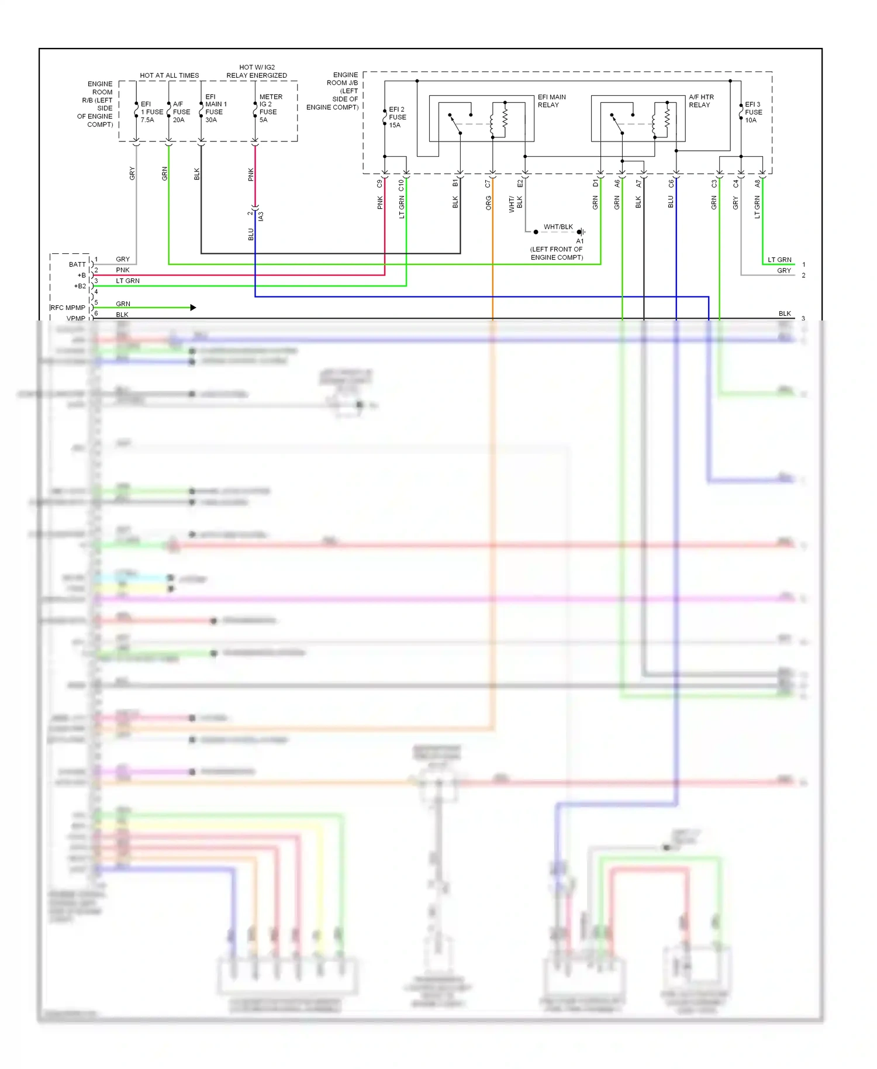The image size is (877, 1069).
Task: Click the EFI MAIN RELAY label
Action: (551, 101)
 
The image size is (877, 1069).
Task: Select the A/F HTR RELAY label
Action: (701, 101)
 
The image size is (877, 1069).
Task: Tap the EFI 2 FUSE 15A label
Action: (397, 117)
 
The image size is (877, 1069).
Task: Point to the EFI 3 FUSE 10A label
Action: (753, 112)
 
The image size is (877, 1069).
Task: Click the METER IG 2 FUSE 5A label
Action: (270, 108)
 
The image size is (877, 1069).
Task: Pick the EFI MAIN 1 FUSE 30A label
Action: (215, 108)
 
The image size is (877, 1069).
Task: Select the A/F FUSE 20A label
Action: (181, 112)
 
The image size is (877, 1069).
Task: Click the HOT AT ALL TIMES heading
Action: (169, 75)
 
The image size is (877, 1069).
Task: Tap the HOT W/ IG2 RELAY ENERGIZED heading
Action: (257, 71)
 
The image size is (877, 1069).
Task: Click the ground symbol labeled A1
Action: (580, 232)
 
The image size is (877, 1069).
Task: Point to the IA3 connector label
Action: (261, 216)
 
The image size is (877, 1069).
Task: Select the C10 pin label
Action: (401, 185)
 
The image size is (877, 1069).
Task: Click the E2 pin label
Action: (520, 184)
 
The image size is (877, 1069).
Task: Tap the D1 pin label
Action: (595, 184)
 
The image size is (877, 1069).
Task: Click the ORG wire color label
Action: (488, 203)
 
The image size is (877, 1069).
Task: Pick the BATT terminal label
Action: (77, 264)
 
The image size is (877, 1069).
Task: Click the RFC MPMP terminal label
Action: (68, 308)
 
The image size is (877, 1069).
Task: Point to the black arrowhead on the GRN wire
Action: (193, 308)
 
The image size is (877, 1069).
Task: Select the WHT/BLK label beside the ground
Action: (558, 227)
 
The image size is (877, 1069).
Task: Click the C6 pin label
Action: (671, 184)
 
